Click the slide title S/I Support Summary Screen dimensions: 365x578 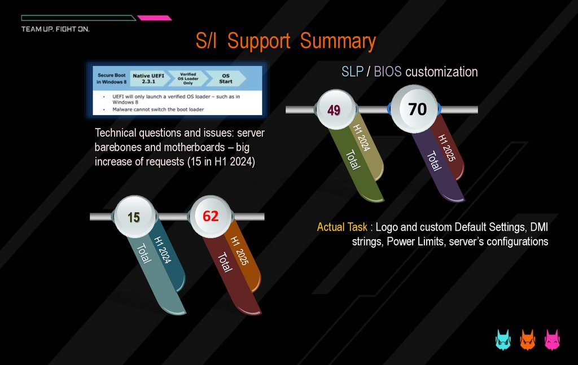tap(285, 41)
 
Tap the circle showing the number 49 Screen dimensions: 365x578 tap(334, 109)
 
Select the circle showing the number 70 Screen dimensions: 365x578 tap(417, 108)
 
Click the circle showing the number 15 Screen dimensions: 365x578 tap(133, 217)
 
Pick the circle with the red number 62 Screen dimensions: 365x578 tap(211, 216)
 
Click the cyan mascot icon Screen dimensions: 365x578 tap(503, 340)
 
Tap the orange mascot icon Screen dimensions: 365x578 tap(527, 340)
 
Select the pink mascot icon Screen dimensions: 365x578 tap(551, 340)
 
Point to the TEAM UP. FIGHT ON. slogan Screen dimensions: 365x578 tap(55, 29)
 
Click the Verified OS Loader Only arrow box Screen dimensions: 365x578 tap(187, 78)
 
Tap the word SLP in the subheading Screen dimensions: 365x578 tap(353, 72)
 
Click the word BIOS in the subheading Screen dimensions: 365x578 tap(388, 72)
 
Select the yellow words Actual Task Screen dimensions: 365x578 tap(343, 227)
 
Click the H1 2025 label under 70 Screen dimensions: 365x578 tap(446, 148)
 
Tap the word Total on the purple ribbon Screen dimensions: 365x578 tap(433, 161)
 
